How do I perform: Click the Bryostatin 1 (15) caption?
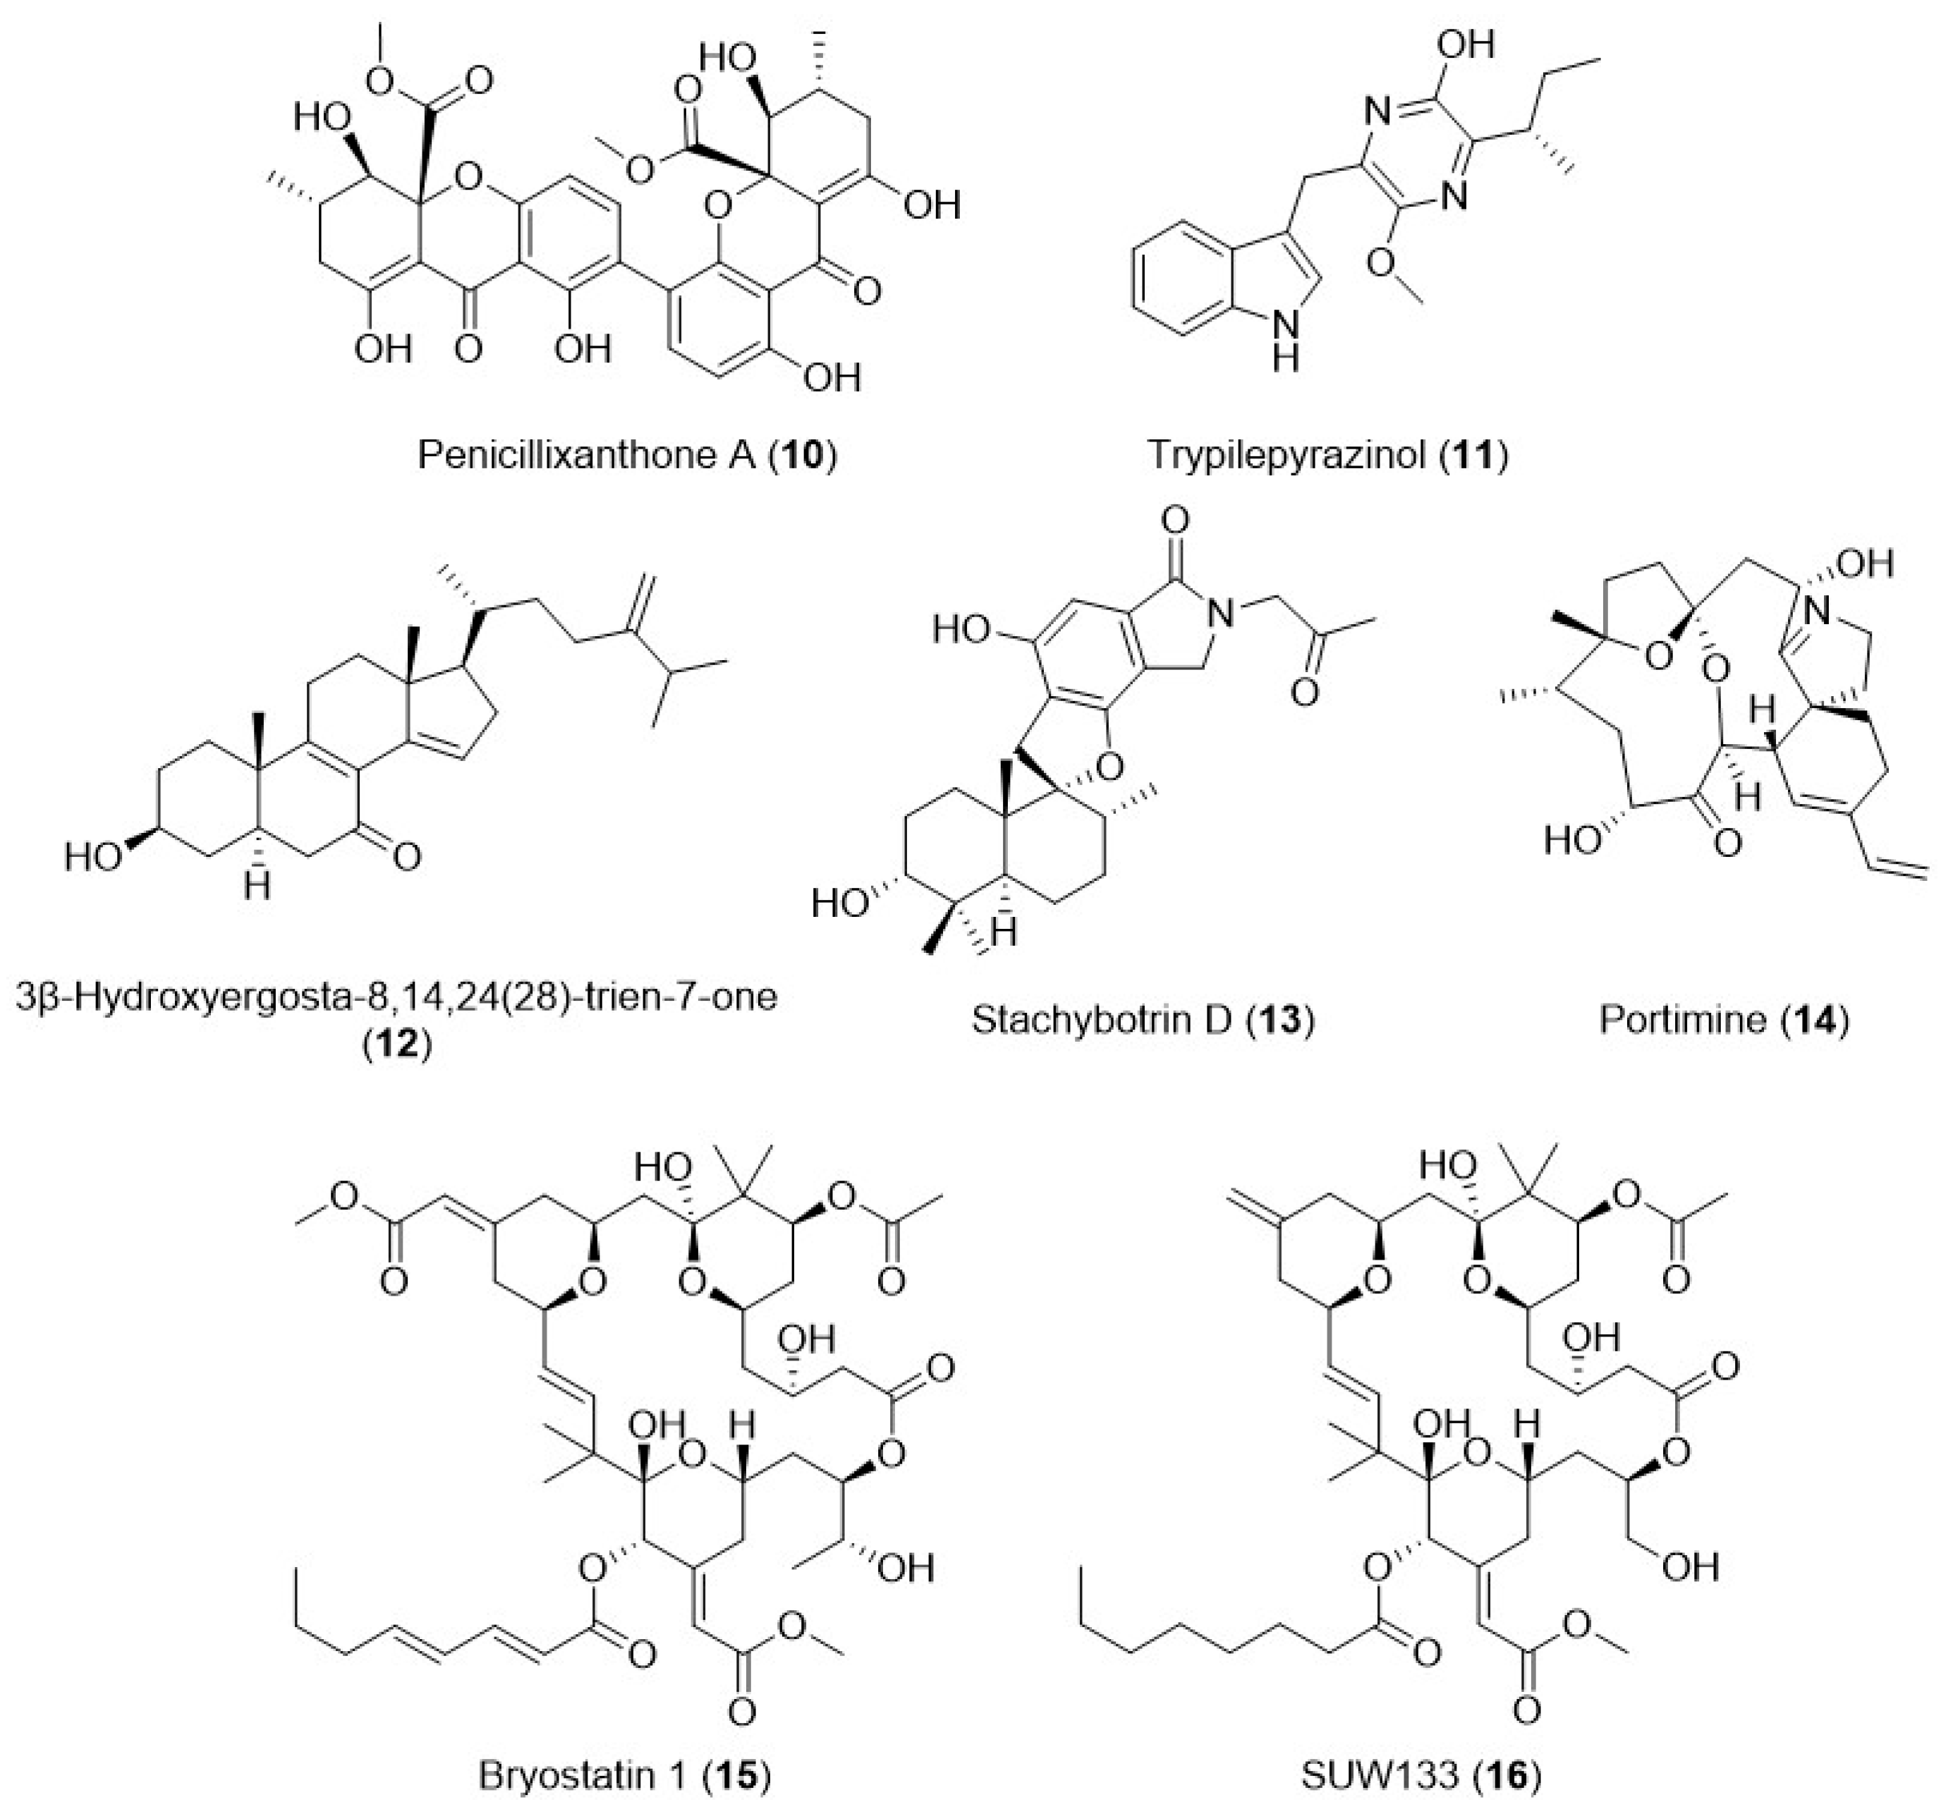(624, 1775)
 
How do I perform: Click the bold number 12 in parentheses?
(398, 1042)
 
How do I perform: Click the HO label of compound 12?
(93, 856)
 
